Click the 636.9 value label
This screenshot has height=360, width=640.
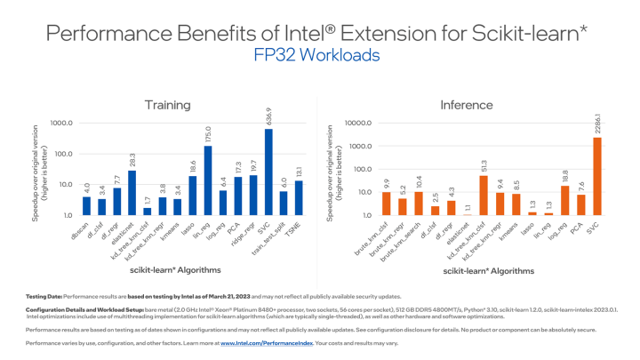coord(268,116)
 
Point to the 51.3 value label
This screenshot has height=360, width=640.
coord(483,163)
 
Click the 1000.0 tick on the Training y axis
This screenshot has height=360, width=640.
coord(61,123)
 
